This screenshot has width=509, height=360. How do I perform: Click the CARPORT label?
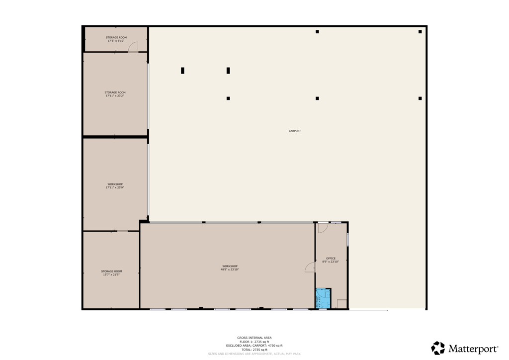pyautogui.click(x=295, y=131)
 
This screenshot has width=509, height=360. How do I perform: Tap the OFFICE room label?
pyautogui.click(x=331, y=258)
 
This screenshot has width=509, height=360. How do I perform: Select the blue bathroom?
pyautogui.click(x=324, y=299)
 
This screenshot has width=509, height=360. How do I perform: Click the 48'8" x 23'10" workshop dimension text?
pyautogui.click(x=230, y=270)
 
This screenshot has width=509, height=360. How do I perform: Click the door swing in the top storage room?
pyautogui.click(x=133, y=47)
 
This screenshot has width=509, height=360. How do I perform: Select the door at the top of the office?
pyautogui.click(x=323, y=228)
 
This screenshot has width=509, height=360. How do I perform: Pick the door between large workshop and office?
pyautogui.click(x=310, y=268)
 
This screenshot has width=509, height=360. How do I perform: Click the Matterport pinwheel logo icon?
pyautogui.click(x=438, y=348)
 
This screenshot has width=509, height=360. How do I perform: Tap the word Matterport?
pyautogui.click(x=473, y=349)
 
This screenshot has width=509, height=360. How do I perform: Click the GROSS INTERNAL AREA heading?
pyautogui.click(x=254, y=338)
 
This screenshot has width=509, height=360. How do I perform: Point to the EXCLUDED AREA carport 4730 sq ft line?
pyautogui.click(x=254, y=346)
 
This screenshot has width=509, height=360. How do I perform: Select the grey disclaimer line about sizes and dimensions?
pyautogui.click(x=254, y=354)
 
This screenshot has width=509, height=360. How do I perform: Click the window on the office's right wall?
pyautogui.click(x=347, y=240)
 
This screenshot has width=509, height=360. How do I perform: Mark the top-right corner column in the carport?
pyautogui.click(x=420, y=32)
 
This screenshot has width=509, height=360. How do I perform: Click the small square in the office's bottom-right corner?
pyautogui.click(x=341, y=304)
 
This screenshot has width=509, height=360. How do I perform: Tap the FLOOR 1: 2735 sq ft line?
pyautogui.click(x=254, y=342)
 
